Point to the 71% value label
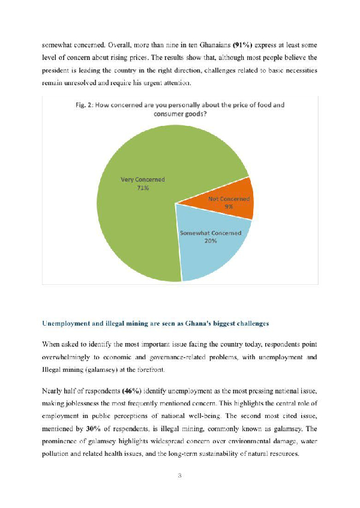(x=143, y=188)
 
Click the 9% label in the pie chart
(x=229, y=206)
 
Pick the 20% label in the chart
(x=210, y=241)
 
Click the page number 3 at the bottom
(x=179, y=476)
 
